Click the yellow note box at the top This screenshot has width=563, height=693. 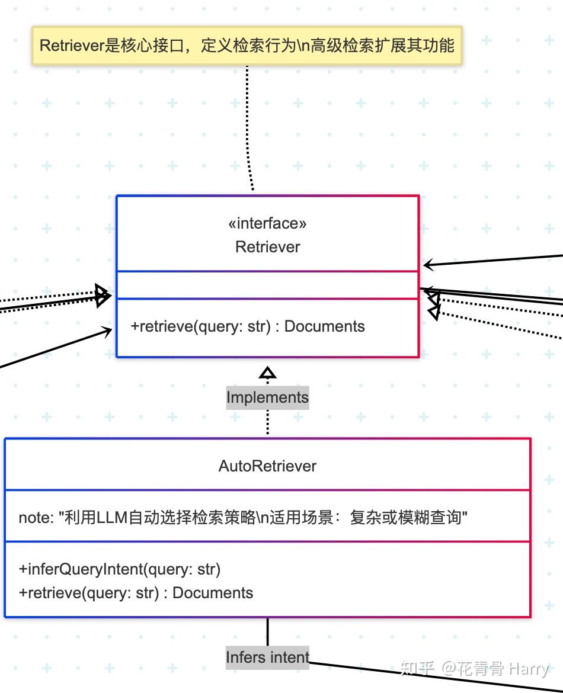pyautogui.click(x=247, y=46)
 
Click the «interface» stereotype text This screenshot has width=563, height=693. pyautogui.click(x=267, y=223)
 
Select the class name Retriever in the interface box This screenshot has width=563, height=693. pyautogui.click(x=267, y=247)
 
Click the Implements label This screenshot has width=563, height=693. pyautogui.click(x=267, y=397)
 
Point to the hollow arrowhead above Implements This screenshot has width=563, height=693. pyautogui.click(x=268, y=373)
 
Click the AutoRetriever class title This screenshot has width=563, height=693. pyautogui.click(x=267, y=466)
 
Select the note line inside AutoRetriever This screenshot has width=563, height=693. pyautogui.click(x=243, y=517)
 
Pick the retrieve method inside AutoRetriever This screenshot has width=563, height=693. pyautogui.click(x=136, y=593)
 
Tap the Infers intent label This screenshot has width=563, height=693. pyautogui.click(x=267, y=657)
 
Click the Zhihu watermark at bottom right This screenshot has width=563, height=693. pyautogui.click(x=474, y=669)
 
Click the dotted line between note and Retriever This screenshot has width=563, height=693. pyautogui.click(x=249, y=130)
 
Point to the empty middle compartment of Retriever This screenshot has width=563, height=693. pyautogui.click(x=267, y=285)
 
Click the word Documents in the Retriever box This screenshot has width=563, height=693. pyautogui.click(x=324, y=326)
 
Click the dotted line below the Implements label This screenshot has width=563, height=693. pyautogui.click(x=267, y=422)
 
